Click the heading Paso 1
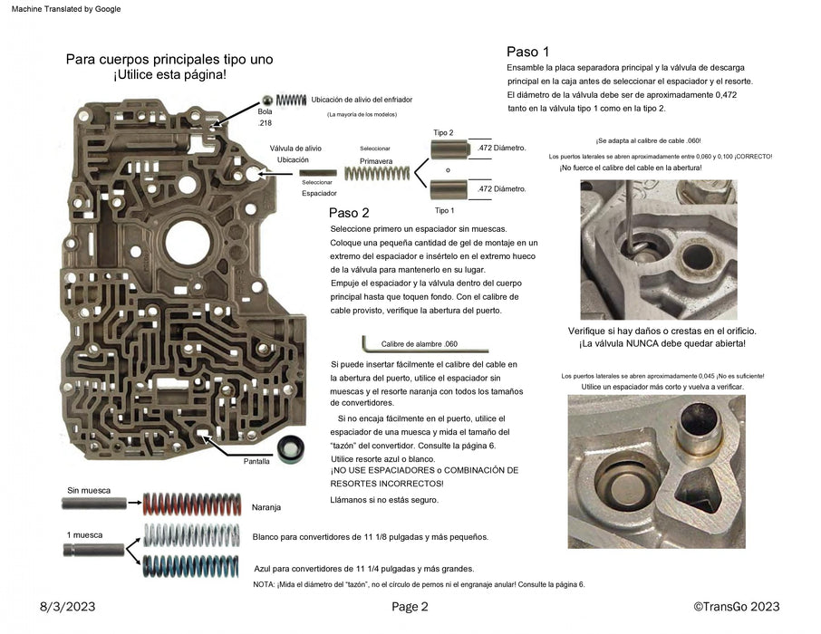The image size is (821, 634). [527, 52]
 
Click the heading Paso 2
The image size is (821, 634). [349, 214]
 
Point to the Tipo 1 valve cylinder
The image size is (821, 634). [449, 189]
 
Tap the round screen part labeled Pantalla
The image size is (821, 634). [291, 447]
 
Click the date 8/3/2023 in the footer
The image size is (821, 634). [68, 607]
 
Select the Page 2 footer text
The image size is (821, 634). [410, 607]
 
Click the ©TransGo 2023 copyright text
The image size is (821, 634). [735, 607]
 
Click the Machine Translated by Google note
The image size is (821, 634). [62, 9]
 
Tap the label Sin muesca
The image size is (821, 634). [89, 490]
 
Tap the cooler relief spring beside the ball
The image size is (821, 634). [292, 99]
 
